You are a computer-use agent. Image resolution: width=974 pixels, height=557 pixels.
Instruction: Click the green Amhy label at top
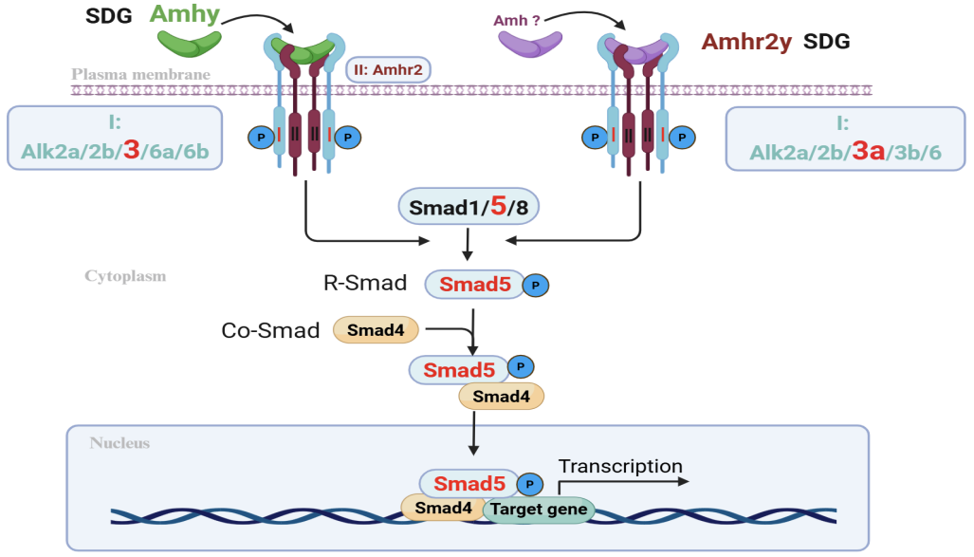pyautogui.click(x=186, y=15)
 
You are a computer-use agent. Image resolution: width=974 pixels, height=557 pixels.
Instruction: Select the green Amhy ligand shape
pyautogui.click(x=190, y=42)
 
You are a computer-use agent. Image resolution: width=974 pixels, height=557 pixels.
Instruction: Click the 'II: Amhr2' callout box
pyautogui.click(x=389, y=69)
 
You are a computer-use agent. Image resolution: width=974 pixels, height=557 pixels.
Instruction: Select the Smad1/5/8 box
pyautogui.click(x=467, y=205)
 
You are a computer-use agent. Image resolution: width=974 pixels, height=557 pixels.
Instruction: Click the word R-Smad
pyautogui.click(x=362, y=283)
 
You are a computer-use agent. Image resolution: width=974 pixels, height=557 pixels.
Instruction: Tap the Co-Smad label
pyautogui.click(x=270, y=330)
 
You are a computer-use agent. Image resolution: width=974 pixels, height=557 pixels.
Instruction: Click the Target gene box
pyautogui.click(x=539, y=511)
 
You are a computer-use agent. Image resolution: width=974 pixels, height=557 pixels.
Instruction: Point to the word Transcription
pyautogui.click(x=620, y=466)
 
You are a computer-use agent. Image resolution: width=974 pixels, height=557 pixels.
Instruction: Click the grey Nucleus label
pyautogui.click(x=119, y=443)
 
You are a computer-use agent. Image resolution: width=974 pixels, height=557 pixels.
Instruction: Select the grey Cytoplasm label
pyautogui.click(x=125, y=276)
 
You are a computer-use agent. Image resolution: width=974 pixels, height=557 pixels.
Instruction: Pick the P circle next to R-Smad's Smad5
pyautogui.click(x=536, y=284)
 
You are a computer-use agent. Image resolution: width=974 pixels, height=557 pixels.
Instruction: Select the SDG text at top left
pyautogui.click(x=109, y=16)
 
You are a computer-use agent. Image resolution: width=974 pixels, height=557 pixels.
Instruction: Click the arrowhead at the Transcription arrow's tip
pyautogui.click(x=681, y=481)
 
